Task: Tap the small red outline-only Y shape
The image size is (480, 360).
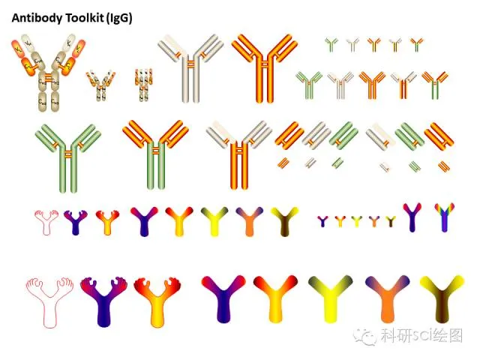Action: click(46, 222)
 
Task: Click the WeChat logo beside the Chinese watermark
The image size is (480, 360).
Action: click(367, 335)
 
